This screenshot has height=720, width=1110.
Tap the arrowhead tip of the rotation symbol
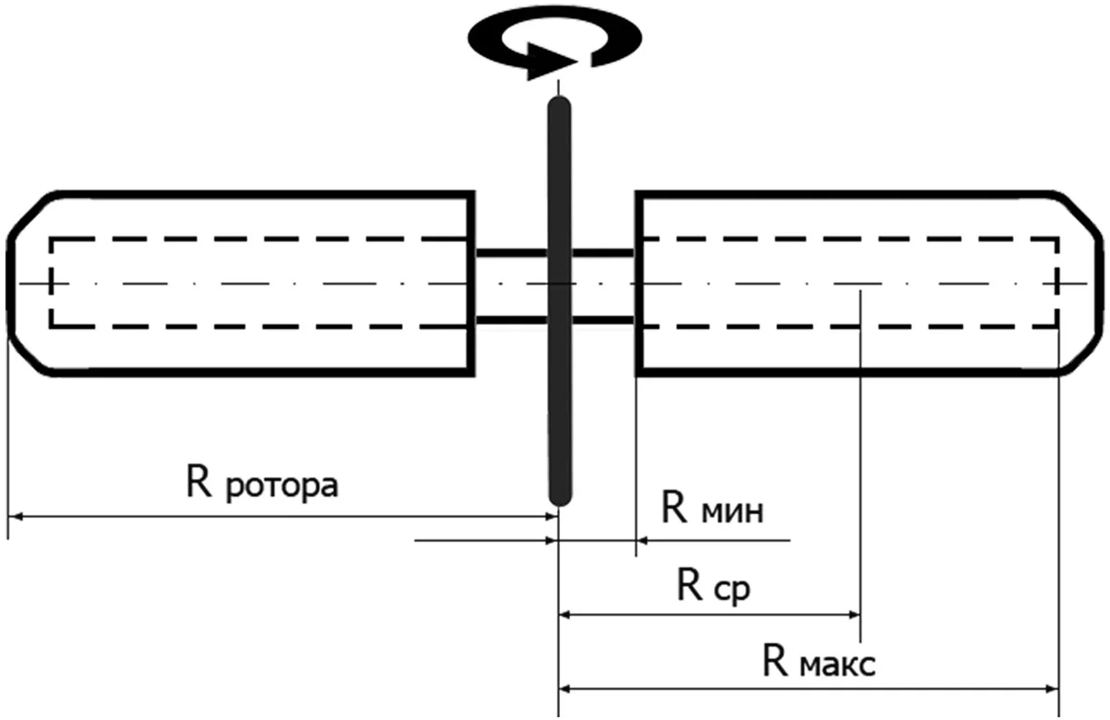click(578, 63)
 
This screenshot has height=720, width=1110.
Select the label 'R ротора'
click(262, 483)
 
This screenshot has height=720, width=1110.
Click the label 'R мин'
click(712, 509)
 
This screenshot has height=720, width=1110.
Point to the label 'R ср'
click(713, 587)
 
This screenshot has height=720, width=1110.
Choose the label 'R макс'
click(819, 660)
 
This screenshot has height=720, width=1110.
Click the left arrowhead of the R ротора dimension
click(15, 517)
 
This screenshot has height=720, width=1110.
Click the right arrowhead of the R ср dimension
click(853, 615)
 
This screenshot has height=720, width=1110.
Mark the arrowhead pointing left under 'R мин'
click(644, 540)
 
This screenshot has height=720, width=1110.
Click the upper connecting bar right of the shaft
click(604, 253)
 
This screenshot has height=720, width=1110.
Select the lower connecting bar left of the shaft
click(511, 320)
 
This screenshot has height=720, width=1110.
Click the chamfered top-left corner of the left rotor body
click(31, 214)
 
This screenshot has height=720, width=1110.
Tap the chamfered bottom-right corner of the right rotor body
click(1081, 353)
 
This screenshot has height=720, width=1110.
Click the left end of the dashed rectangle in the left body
click(51, 283)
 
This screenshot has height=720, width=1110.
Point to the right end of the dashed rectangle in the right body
click(1057, 283)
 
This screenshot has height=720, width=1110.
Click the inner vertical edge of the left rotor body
click(471, 284)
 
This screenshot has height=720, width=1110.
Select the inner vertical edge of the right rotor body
click(639, 284)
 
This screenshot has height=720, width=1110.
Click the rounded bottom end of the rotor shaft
click(561, 499)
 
